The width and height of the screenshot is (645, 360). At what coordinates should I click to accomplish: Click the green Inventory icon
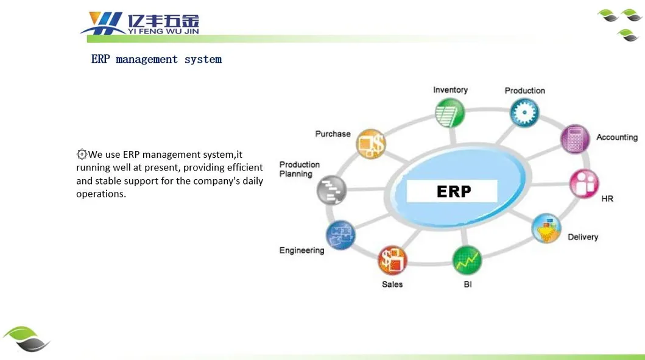[449, 113]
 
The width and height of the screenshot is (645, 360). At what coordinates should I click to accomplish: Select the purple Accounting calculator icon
[574, 139]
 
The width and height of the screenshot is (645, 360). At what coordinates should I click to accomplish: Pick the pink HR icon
[583, 183]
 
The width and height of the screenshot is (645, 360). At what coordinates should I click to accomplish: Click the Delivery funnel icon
[546, 228]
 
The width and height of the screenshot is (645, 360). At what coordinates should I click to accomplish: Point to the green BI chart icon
[467, 261]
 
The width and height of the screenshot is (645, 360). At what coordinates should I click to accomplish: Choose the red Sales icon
[393, 261]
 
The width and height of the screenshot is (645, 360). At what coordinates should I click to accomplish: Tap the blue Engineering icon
[340, 235]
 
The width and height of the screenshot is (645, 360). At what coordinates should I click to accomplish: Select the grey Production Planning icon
[332, 190]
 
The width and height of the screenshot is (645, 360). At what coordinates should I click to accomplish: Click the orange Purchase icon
[370, 145]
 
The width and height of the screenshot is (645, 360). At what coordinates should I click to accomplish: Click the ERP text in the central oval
[454, 192]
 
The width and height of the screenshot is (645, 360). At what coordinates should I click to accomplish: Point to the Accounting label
[616, 138]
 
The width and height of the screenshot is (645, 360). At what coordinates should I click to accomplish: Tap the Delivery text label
[583, 237]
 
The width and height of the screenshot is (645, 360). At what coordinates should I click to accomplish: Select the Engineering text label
[301, 250]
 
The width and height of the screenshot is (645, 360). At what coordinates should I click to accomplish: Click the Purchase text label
[333, 134]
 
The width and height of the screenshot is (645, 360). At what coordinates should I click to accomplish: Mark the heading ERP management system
[157, 60]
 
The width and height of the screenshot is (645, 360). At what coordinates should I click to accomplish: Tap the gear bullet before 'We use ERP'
[82, 154]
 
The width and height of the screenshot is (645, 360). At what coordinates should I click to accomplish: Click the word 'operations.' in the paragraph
[101, 194]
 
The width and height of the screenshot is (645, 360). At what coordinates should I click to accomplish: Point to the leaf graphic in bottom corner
[26, 339]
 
